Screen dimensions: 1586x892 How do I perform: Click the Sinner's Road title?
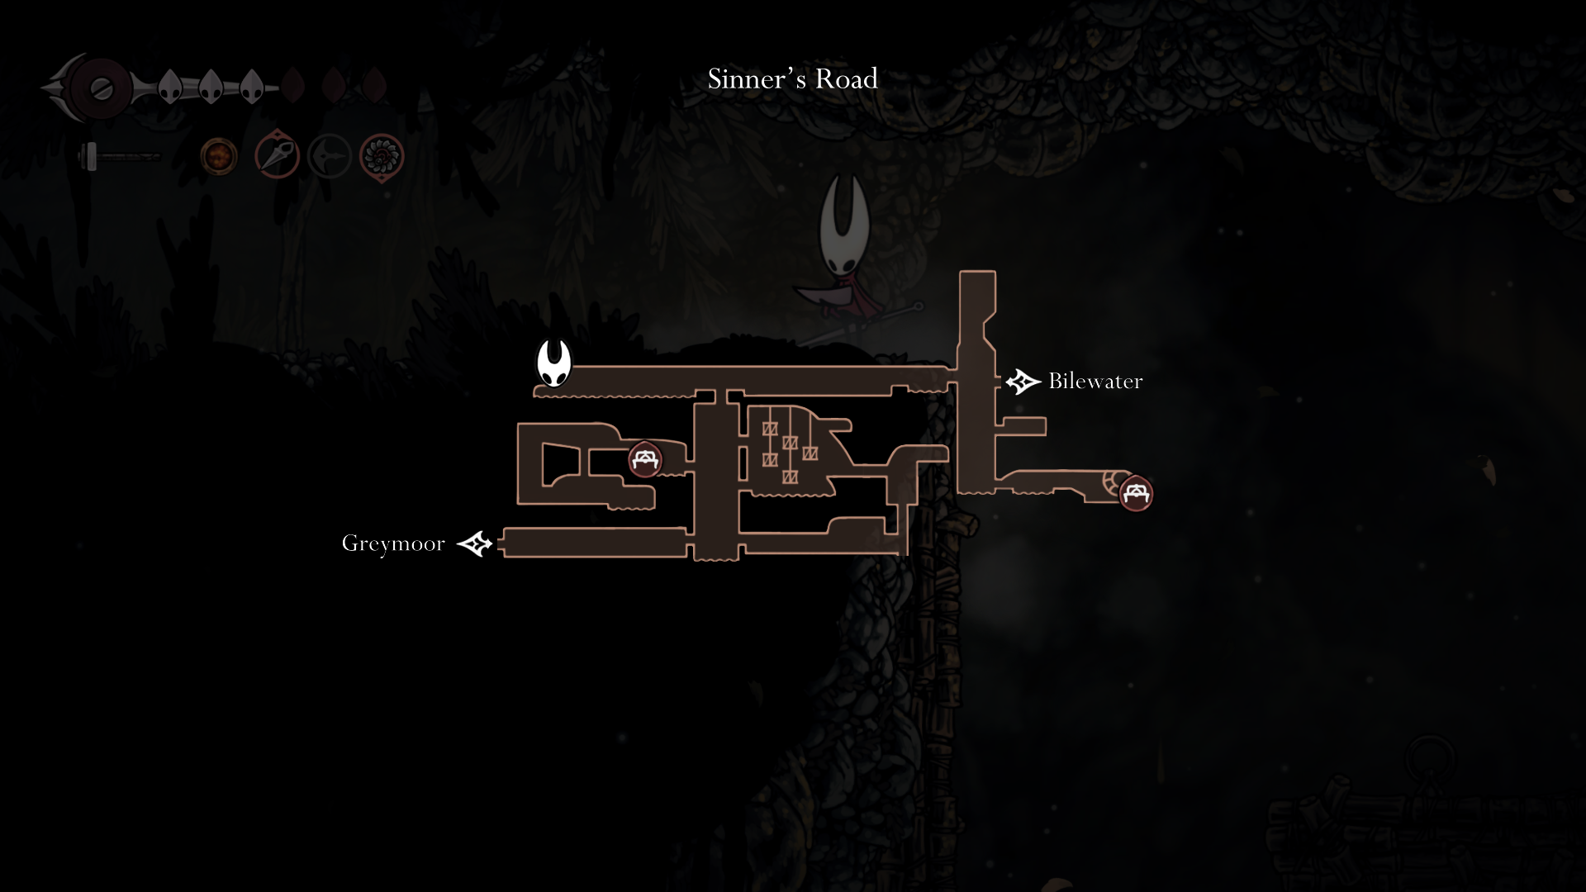click(x=792, y=79)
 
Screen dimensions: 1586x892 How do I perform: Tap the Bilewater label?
click(x=1095, y=381)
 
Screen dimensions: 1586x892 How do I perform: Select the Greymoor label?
click(x=393, y=543)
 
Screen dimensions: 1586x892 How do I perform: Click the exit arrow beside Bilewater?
click(x=1023, y=382)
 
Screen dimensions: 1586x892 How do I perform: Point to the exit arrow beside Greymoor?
click(x=475, y=543)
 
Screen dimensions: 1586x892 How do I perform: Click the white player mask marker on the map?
click(x=553, y=363)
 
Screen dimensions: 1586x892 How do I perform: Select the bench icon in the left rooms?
click(x=644, y=459)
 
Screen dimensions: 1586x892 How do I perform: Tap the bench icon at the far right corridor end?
click(x=1136, y=493)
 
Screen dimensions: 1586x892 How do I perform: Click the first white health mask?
click(x=170, y=86)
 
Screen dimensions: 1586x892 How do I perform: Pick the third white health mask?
click(x=251, y=86)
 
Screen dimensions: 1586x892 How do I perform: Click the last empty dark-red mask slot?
click(x=374, y=85)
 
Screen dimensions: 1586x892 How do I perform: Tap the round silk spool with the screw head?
click(x=102, y=88)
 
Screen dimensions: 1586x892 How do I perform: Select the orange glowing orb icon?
click(x=219, y=157)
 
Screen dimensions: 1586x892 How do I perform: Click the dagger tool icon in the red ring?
click(x=277, y=154)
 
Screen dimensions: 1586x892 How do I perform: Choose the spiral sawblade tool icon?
click(x=382, y=156)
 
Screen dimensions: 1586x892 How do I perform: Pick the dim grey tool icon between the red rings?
click(x=330, y=156)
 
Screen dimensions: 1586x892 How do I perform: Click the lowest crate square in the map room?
click(x=790, y=477)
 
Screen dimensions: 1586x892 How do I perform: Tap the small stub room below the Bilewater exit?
click(x=1024, y=426)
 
